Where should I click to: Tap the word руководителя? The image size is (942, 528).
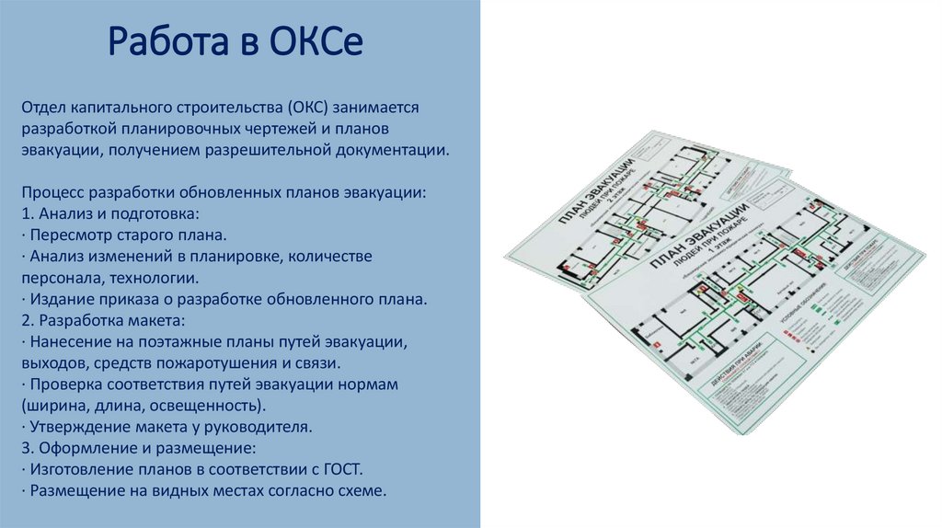(262, 427)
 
